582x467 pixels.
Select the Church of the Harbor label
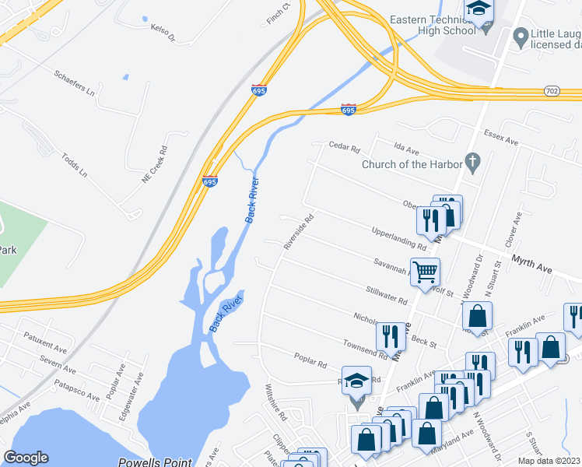(412, 163)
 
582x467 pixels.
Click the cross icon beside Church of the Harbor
(471, 163)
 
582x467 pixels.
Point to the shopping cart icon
(426, 272)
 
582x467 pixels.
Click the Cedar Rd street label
(345, 146)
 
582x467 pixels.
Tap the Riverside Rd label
(298, 231)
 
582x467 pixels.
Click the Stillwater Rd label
(387, 294)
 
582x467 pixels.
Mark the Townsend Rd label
(365, 349)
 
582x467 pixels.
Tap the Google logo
(26, 458)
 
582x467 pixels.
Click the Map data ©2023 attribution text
(548, 461)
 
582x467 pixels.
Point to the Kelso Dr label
(163, 32)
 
